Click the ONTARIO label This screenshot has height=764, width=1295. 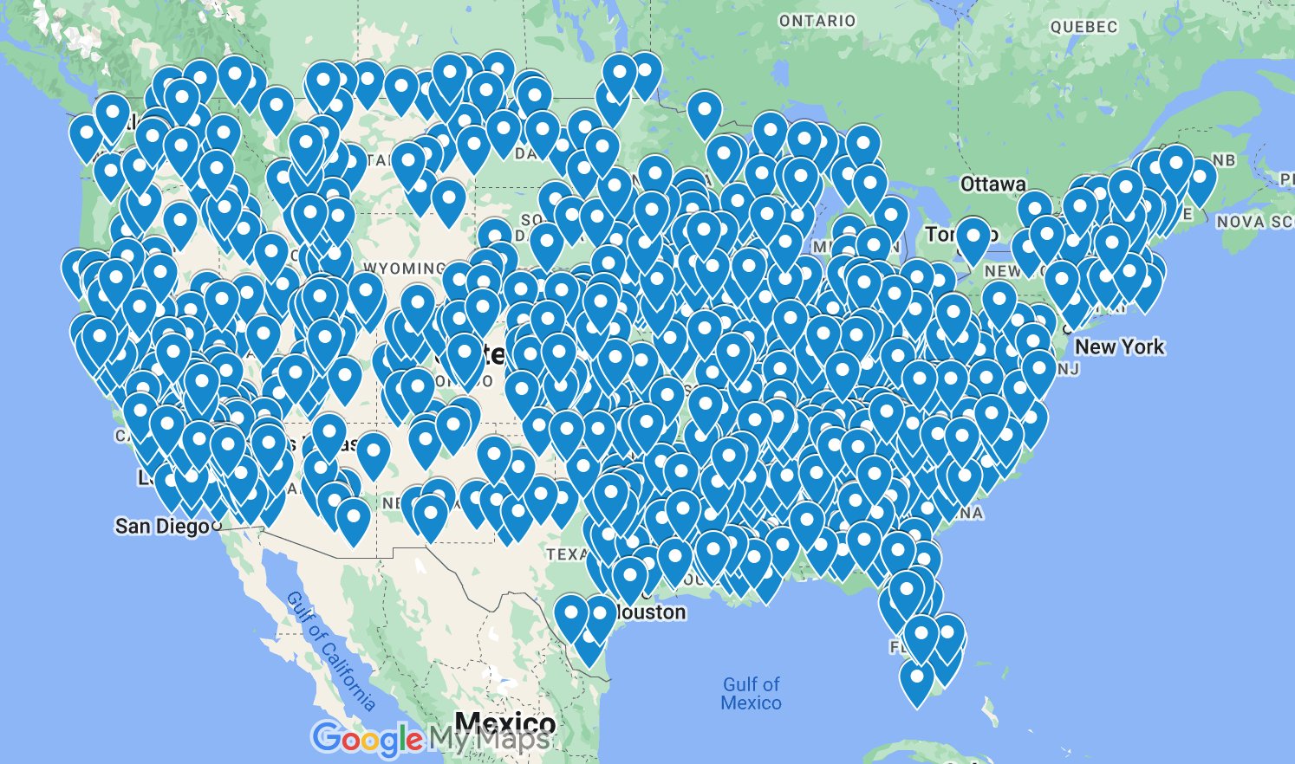point(817,21)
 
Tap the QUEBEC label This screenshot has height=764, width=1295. point(1084,27)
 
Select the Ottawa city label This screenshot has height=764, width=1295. point(992,184)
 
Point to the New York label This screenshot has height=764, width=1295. point(1120,346)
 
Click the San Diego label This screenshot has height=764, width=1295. point(162,526)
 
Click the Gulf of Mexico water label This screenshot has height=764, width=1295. point(752,694)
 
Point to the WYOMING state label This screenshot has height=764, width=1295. point(404,268)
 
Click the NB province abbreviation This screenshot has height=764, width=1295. point(1224,160)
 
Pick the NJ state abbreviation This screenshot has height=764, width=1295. point(1069,369)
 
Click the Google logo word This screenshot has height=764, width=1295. point(367,739)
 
